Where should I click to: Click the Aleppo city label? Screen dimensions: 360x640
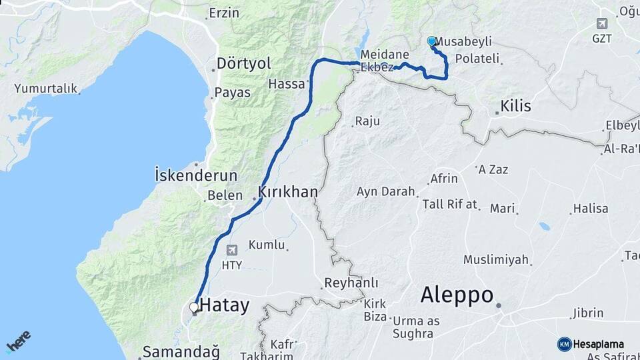457,295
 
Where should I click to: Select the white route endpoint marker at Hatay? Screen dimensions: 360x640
194,307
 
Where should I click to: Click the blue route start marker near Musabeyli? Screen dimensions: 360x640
431,41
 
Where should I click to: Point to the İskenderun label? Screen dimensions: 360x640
195,176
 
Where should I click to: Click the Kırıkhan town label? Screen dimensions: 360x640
288,192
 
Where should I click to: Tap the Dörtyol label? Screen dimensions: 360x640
243,64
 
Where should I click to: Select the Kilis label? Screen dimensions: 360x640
515,106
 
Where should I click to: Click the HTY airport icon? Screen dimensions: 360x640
231,251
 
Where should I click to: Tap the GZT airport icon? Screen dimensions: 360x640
603,23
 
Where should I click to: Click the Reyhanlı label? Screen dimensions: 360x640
351,283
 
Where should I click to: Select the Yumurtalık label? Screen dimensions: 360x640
47,88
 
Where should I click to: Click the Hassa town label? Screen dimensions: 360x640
286,84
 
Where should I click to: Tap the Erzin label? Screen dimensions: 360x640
223,13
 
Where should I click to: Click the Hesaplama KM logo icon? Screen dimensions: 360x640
564,344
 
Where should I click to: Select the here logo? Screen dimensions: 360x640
18,341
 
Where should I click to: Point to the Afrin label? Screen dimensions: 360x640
444,179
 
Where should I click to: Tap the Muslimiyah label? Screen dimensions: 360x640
496,259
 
